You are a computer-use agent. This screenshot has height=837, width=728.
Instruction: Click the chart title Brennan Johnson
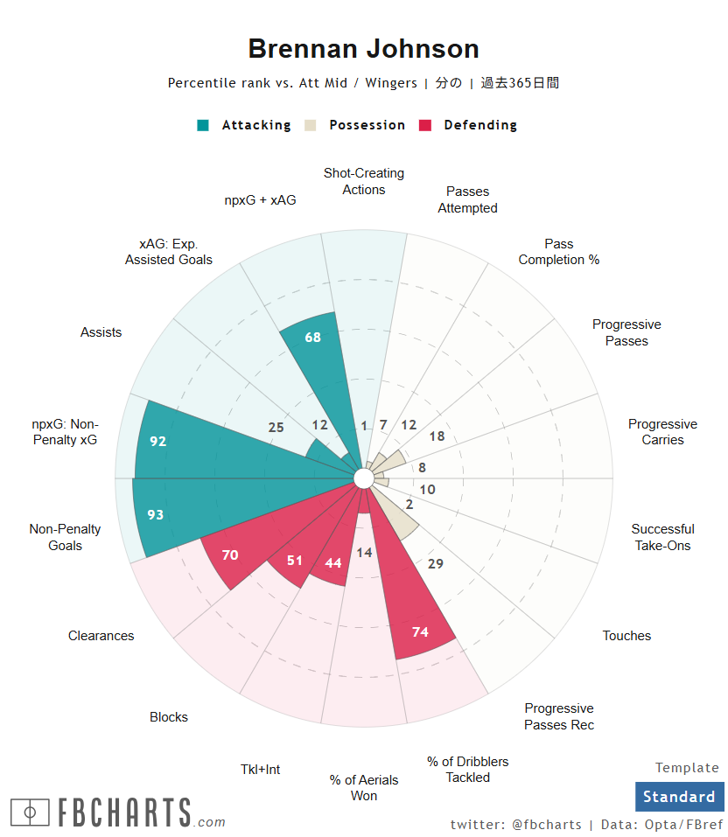[x=363, y=49]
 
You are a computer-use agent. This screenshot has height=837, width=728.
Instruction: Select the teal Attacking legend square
[x=204, y=125]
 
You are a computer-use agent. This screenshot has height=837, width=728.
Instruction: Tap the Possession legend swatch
[x=311, y=125]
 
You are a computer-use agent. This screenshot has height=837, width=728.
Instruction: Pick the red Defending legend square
[x=426, y=125]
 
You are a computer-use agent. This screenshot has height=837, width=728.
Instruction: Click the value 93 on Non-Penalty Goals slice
[x=155, y=515]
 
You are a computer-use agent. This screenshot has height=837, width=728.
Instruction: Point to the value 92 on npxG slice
[x=157, y=442]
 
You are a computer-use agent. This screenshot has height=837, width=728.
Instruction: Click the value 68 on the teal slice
[x=313, y=338]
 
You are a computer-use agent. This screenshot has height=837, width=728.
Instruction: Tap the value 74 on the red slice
[x=420, y=631]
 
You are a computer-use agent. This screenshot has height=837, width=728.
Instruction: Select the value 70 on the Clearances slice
[x=230, y=555]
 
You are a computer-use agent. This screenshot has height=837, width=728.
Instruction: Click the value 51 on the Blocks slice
[x=294, y=561]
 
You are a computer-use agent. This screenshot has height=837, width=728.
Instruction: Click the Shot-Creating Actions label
[x=364, y=181]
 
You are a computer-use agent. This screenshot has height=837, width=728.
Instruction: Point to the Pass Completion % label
[x=559, y=252]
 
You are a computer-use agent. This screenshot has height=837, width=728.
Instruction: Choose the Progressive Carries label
[x=662, y=432]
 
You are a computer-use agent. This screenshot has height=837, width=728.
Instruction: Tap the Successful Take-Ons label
[x=662, y=537]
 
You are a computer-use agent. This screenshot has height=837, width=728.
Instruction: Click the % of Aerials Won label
[x=364, y=787]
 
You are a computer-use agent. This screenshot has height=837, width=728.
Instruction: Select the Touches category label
[x=626, y=636]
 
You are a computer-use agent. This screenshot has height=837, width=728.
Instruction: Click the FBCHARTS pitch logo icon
[x=30, y=813]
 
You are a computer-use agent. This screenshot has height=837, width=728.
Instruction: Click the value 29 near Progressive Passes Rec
[x=436, y=564]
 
